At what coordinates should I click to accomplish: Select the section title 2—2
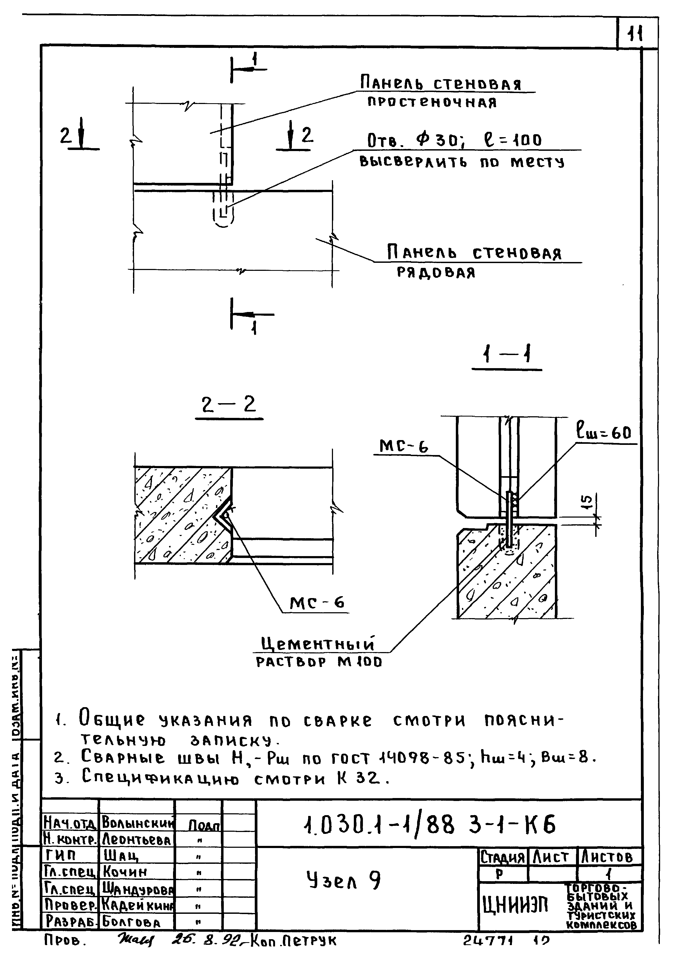click(229, 405)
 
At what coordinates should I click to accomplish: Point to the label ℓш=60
click(604, 432)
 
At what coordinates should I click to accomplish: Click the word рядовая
click(436, 273)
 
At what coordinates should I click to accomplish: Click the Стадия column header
click(502, 857)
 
